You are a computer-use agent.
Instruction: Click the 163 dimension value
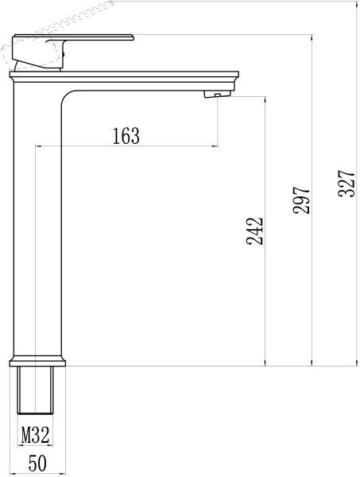pyautogui.click(x=126, y=136)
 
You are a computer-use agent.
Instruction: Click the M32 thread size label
pyautogui.click(x=36, y=435)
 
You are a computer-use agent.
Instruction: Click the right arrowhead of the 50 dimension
pyautogui.click(x=56, y=472)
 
